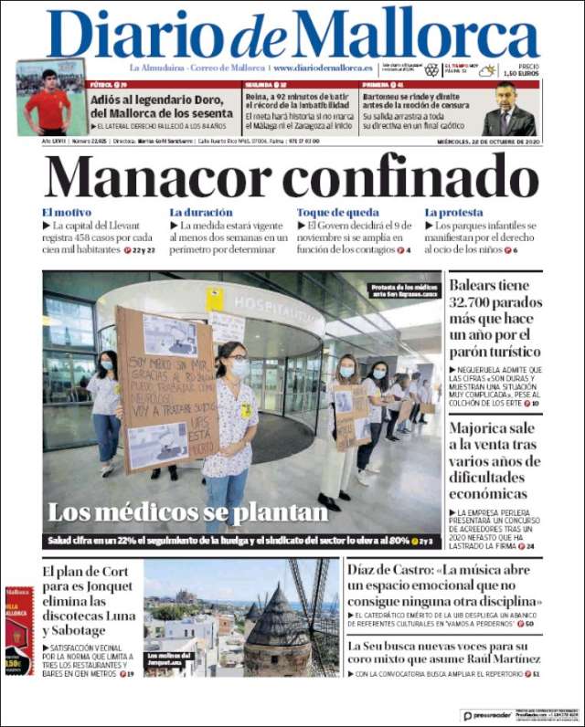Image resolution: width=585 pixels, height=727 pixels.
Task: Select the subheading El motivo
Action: click(67, 213)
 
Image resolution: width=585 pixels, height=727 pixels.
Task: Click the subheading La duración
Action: click(201, 213)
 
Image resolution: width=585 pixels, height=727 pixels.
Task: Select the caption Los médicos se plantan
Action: click(187, 512)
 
